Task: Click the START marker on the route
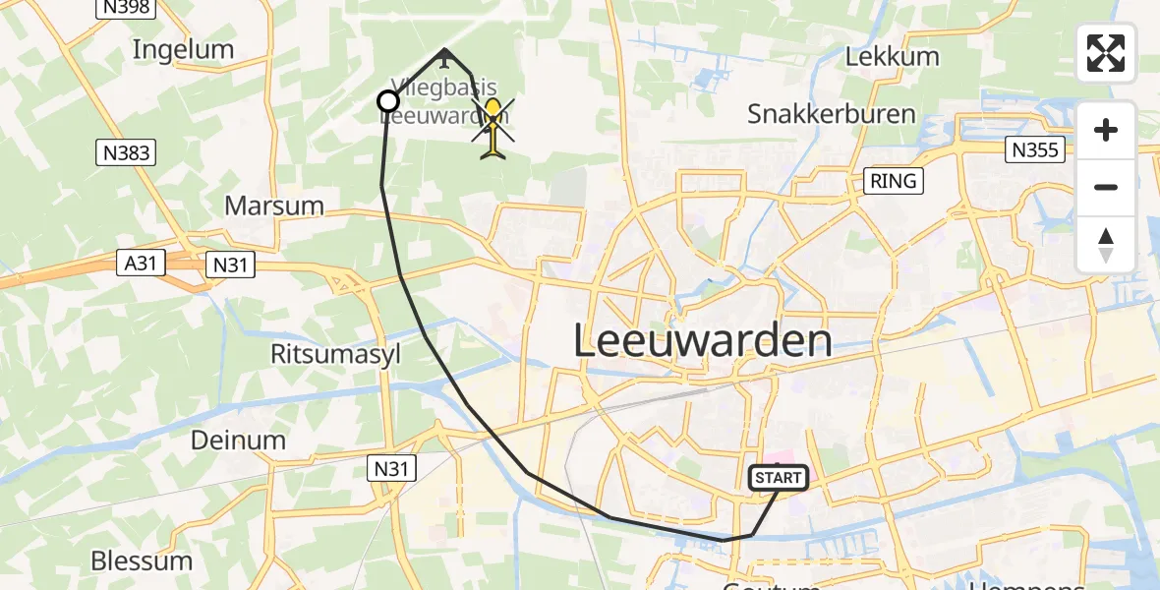pos(779,478)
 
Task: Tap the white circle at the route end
pos(388,101)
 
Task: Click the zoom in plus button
pos(1106,130)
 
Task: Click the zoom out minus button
pos(1106,187)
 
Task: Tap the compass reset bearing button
pos(1106,245)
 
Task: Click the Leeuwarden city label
pos(702,341)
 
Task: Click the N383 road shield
pos(124,151)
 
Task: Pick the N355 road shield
pos(1033,149)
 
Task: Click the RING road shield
pos(893,181)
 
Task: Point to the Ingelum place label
pos(183,49)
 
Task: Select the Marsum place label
pos(274,206)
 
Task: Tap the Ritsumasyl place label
pos(336,354)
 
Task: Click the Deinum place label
pos(240,440)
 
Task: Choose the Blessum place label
pos(142,560)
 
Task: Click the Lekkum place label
pos(892,56)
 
